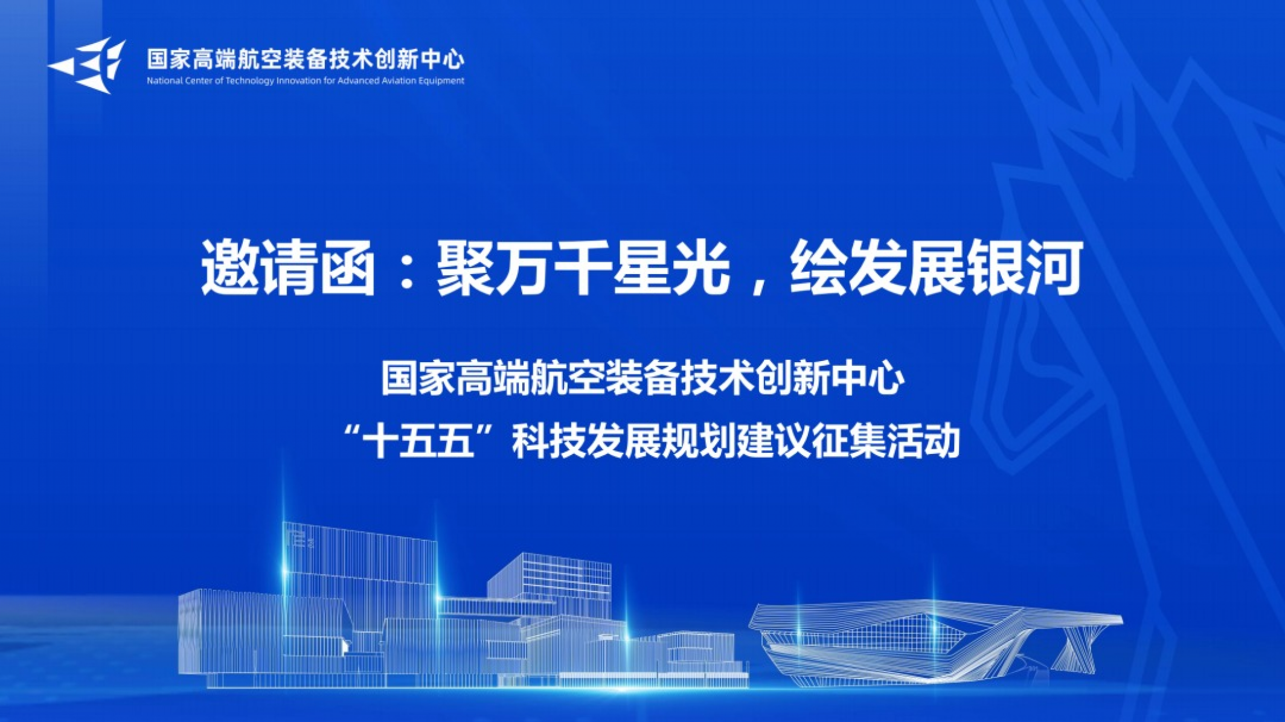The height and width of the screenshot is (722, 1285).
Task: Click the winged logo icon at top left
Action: (x=88, y=65)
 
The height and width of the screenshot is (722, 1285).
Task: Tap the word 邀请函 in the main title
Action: (x=289, y=267)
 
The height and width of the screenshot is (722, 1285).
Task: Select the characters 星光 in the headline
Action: (x=671, y=267)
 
